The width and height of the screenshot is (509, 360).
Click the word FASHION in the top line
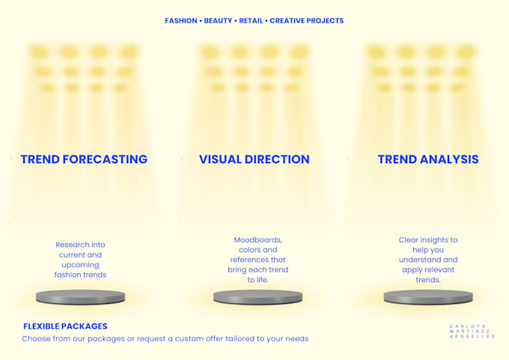(x=181, y=21)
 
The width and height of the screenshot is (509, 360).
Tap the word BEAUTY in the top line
(x=218, y=21)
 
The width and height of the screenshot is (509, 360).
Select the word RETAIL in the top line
(x=251, y=21)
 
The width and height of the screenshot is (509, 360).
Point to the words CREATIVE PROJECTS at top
(x=306, y=21)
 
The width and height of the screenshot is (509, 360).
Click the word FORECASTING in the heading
(x=105, y=159)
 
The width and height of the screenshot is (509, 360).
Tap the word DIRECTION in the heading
(x=277, y=159)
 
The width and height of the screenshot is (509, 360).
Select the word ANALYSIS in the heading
(x=449, y=159)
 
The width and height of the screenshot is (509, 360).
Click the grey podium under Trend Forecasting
(x=80, y=297)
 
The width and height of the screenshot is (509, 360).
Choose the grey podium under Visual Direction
(x=257, y=297)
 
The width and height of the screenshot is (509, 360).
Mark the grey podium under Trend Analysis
(x=428, y=297)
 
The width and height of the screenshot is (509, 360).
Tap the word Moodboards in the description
(x=257, y=240)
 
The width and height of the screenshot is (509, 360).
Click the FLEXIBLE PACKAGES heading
(x=65, y=326)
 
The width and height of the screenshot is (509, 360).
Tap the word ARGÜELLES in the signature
(x=472, y=337)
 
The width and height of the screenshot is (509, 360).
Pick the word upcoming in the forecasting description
(x=80, y=265)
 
